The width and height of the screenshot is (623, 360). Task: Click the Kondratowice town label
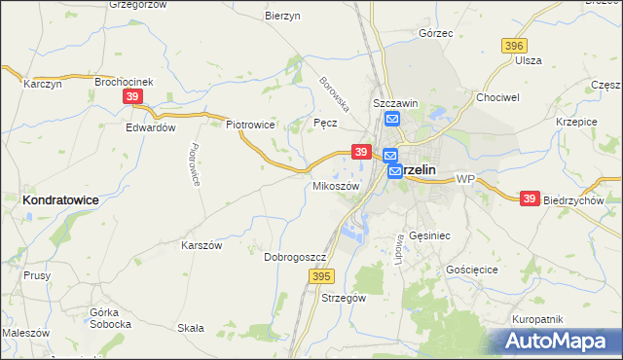[61, 198]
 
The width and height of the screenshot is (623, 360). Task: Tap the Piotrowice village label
[250, 125]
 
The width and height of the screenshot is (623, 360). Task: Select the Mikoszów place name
[336, 185]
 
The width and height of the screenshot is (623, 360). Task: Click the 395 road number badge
[323, 277]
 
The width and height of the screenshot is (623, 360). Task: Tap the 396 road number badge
[515, 46]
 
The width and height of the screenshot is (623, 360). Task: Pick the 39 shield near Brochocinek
[133, 96]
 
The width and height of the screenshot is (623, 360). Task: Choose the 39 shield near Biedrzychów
[529, 198]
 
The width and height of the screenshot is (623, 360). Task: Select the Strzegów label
[343, 299]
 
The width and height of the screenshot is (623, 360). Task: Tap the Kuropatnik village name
[537, 318]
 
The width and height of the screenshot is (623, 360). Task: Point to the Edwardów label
[151, 127]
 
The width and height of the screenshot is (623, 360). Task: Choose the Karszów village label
[202, 245]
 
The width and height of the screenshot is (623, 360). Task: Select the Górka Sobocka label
[109, 317]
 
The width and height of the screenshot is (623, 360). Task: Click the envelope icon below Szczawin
[391, 120]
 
